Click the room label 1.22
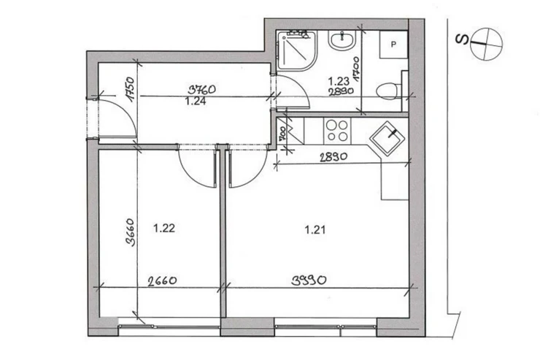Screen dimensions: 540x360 164,228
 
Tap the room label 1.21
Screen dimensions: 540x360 315,229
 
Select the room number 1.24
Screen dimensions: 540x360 196,102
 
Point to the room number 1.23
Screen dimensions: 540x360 339,81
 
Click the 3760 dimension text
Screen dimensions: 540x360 202,90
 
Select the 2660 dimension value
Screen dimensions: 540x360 162,280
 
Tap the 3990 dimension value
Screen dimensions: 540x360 309,280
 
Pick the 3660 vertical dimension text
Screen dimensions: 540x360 130,232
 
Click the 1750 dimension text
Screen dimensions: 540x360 130,89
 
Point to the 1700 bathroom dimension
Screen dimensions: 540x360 355,69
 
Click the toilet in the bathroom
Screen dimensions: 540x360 388,91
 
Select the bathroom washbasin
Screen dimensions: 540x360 342,40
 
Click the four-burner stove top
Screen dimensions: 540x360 337,131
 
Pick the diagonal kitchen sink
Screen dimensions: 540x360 387,139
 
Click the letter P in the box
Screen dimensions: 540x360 393,45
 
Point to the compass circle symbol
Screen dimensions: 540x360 486,44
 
